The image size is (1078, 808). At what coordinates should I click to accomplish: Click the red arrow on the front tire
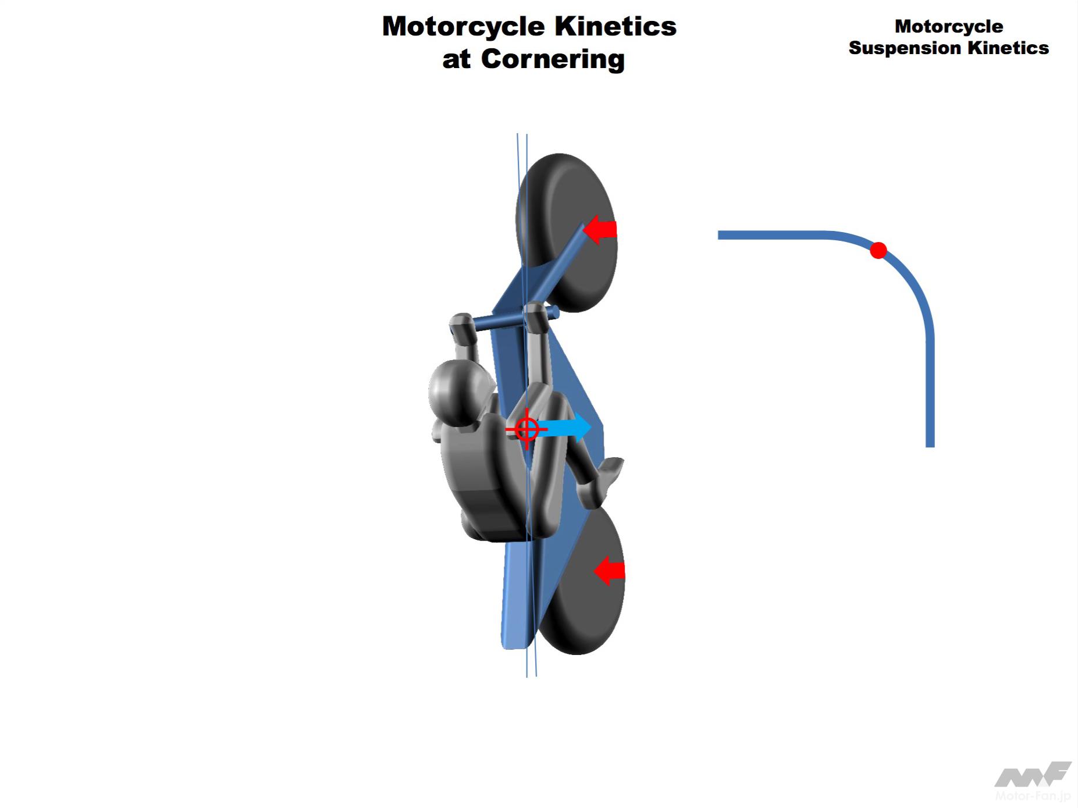(600, 230)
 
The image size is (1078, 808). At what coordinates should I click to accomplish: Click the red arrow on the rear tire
(610, 570)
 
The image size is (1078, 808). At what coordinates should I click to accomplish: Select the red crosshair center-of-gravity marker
(526, 430)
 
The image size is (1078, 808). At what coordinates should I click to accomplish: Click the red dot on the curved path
(878, 251)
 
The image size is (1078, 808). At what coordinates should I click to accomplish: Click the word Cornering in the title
(553, 59)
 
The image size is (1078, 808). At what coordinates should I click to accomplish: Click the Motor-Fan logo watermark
(1032, 782)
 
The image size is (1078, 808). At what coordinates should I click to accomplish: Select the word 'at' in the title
(457, 59)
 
